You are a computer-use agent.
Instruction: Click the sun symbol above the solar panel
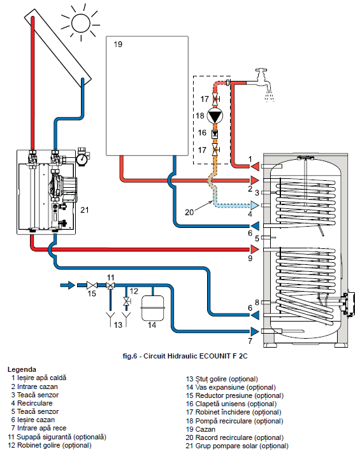[x=81, y=22]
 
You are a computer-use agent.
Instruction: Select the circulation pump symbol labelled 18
[x=215, y=116]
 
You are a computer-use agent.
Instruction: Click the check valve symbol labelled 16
[x=215, y=134]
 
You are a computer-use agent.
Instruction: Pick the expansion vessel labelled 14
[x=152, y=308]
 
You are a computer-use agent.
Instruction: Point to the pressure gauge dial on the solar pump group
[x=83, y=159]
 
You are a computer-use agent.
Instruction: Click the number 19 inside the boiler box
[x=118, y=45]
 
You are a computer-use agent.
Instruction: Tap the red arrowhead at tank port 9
[x=255, y=249]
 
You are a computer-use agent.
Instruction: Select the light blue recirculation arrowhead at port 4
[x=255, y=205]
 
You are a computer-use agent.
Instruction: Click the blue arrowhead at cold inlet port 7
[x=255, y=331]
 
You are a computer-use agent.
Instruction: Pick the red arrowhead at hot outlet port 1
[x=255, y=166]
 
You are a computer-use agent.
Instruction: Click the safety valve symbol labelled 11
[x=110, y=286]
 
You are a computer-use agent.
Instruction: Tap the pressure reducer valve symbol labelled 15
[x=92, y=285]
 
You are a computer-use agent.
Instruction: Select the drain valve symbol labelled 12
[x=127, y=301]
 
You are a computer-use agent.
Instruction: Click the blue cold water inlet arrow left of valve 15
[x=68, y=285]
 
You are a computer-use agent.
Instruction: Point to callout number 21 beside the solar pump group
[x=85, y=210]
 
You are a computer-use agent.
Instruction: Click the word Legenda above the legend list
[x=22, y=369]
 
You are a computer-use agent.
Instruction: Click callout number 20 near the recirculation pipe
[x=189, y=213]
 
